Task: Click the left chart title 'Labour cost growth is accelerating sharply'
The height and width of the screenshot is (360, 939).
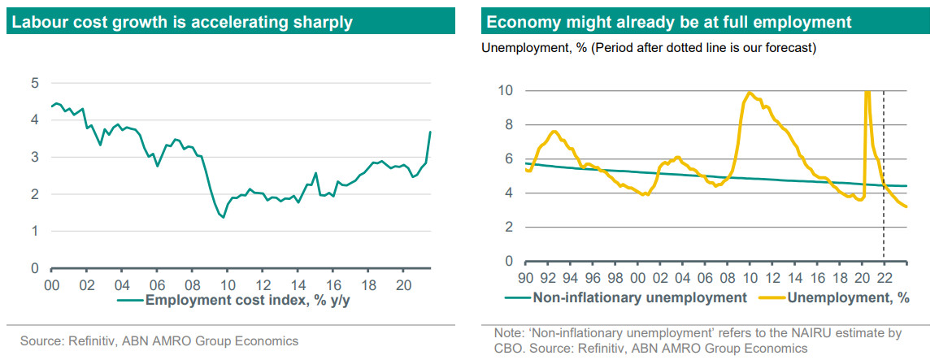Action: (180, 22)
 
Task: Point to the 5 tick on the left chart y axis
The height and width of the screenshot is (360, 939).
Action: (35, 83)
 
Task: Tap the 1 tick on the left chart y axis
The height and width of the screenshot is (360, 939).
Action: (35, 232)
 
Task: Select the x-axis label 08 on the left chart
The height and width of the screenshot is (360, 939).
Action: (193, 285)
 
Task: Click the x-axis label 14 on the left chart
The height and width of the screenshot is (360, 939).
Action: (299, 285)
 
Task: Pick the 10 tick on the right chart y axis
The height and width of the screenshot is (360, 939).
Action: (505, 90)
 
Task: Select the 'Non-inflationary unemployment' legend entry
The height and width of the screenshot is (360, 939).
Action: (639, 298)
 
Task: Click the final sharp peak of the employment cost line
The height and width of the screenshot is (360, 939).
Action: (429, 132)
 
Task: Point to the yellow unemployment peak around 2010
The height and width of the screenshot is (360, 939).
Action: (749, 93)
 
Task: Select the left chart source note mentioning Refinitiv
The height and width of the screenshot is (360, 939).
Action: (159, 341)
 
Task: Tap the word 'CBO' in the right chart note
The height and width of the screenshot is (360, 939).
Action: (509, 348)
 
